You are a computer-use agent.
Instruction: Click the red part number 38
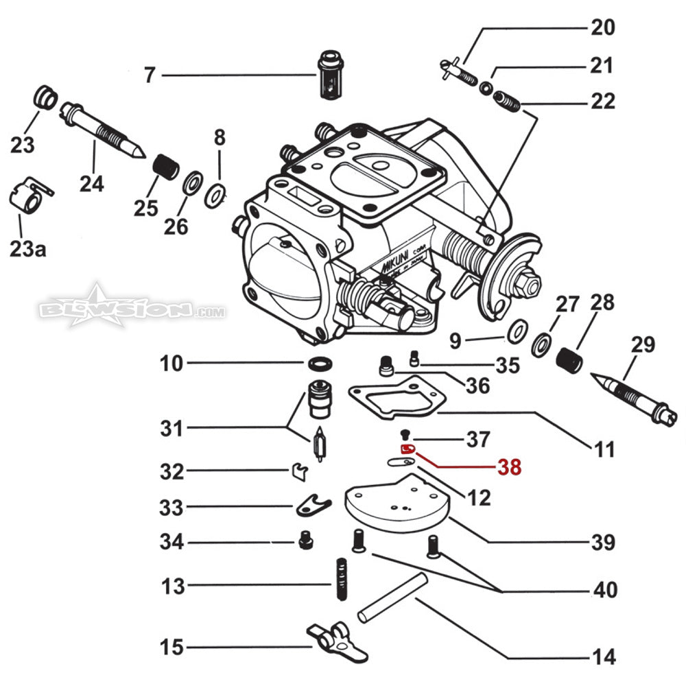click(509, 468)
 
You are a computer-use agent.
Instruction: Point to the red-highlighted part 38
click(408, 449)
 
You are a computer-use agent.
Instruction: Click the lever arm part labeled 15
click(330, 637)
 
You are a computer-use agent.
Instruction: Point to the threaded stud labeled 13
click(340, 578)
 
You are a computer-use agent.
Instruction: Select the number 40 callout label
click(604, 589)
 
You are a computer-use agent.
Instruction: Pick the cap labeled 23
click(46, 97)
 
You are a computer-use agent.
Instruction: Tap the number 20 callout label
click(604, 28)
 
